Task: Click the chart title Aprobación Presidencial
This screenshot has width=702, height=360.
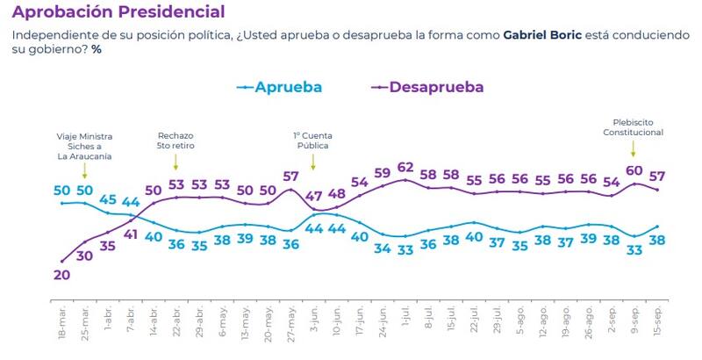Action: pyautogui.click(x=118, y=12)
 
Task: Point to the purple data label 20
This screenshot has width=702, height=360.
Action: pyautogui.click(x=61, y=275)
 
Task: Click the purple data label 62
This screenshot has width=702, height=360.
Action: pyautogui.click(x=405, y=168)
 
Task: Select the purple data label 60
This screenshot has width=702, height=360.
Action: pyautogui.click(x=634, y=170)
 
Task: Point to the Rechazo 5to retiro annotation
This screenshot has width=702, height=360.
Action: pyautogui.click(x=175, y=141)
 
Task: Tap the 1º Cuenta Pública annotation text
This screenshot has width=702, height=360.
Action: pyautogui.click(x=313, y=141)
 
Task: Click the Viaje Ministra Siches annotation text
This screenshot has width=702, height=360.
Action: pyautogui.click(x=84, y=147)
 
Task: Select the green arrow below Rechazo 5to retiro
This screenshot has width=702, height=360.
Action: pyautogui.click(x=175, y=162)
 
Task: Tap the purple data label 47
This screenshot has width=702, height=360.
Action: pyautogui.click(x=314, y=198)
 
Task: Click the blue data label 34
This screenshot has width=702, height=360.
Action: pyautogui.click(x=382, y=248)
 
